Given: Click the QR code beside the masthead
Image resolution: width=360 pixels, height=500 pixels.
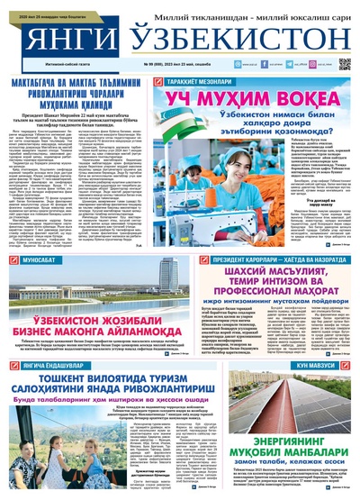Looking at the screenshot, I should (345, 65).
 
